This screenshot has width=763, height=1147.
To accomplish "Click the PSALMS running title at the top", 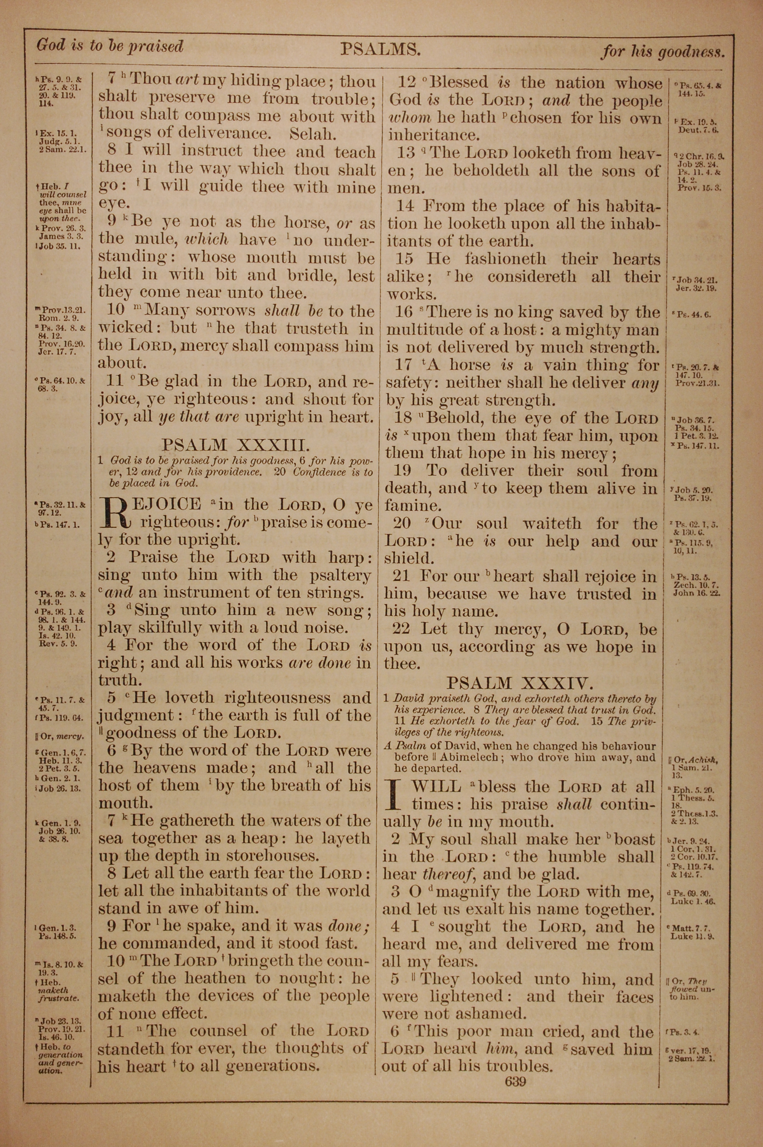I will point(380,50).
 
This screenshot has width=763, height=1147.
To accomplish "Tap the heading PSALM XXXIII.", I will point(235,445).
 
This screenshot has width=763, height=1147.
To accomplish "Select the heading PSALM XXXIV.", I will point(519,683).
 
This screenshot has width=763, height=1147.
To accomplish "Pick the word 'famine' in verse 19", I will point(405,506).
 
